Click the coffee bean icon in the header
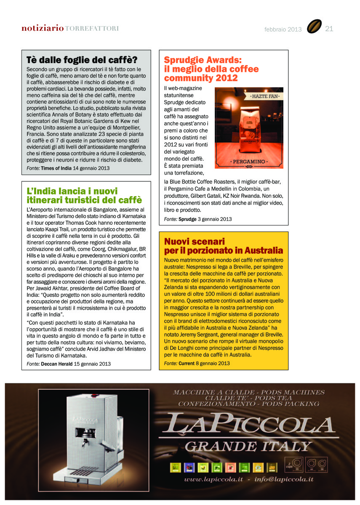pos(314,27)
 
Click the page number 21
pos(329,29)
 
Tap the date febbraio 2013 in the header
pos(283,29)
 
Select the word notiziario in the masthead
pos(43,29)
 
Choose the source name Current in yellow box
pos(186,363)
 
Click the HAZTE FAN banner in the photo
pos(267,97)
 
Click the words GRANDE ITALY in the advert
pos(248,446)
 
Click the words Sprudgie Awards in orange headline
pos(203,60)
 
